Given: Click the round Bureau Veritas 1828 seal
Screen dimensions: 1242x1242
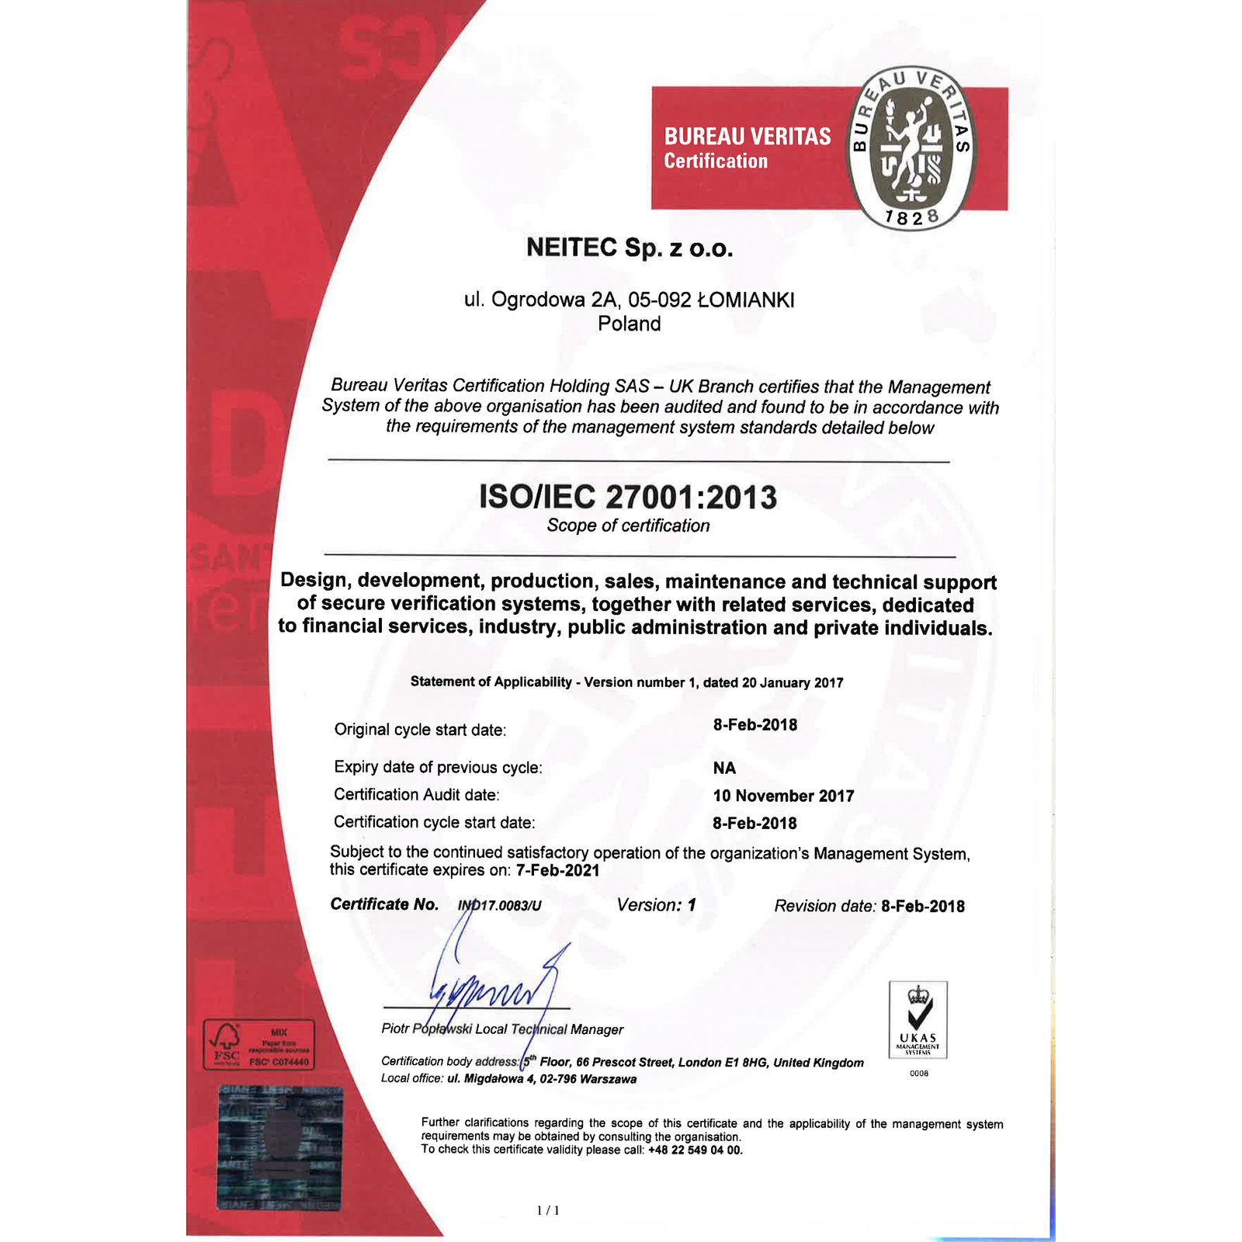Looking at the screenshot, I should click(911, 147).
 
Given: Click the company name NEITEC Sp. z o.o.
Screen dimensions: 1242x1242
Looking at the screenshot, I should click(630, 248).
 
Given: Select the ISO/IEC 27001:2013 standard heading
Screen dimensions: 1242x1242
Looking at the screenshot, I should click(628, 498).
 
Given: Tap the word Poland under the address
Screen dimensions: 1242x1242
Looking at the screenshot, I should click(630, 324).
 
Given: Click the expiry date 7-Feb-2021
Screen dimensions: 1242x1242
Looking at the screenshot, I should click(557, 870).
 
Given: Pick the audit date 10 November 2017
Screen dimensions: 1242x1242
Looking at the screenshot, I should click(783, 796).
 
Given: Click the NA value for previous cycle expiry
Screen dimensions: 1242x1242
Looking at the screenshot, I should click(724, 768).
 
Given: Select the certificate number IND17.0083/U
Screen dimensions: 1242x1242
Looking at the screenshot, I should click(500, 905).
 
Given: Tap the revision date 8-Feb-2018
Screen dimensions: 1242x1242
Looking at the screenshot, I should click(923, 906).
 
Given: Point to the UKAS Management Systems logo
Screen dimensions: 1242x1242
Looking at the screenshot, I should click(918, 1019).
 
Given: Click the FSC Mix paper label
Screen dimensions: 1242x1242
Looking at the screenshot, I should click(258, 1045).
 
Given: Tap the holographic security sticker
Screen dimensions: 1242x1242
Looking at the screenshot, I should click(279, 1147).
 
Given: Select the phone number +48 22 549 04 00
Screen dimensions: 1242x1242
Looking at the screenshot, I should click(695, 1150).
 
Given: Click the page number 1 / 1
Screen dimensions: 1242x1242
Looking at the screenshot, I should click(548, 1210).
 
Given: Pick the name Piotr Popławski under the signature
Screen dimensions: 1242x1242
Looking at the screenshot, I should click(426, 1029).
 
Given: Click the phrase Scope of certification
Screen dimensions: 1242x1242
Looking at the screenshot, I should click(628, 526).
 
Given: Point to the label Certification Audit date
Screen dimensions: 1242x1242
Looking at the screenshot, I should click(416, 795).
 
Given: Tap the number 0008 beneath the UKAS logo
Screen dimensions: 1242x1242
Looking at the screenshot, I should click(918, 1074).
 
